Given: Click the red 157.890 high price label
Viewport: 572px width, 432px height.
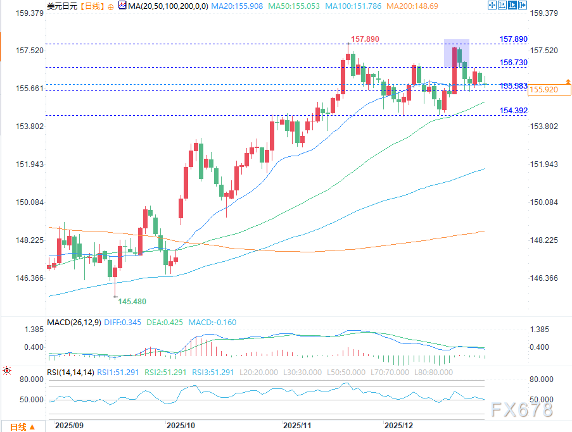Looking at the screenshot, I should pos(365,39).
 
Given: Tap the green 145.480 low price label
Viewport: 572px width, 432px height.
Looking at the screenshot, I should pos(132,302).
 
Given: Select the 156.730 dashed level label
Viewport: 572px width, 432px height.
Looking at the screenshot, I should pos(513,63).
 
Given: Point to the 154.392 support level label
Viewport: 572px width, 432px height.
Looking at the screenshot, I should pos(513,111).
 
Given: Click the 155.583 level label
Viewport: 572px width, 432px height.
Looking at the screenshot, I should pos(513,86).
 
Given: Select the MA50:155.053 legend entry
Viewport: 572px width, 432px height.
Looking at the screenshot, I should pos(293,6).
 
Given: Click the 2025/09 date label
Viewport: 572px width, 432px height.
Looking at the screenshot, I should pos(69,425).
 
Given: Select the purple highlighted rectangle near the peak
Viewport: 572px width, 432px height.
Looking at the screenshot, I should pos(456,53).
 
